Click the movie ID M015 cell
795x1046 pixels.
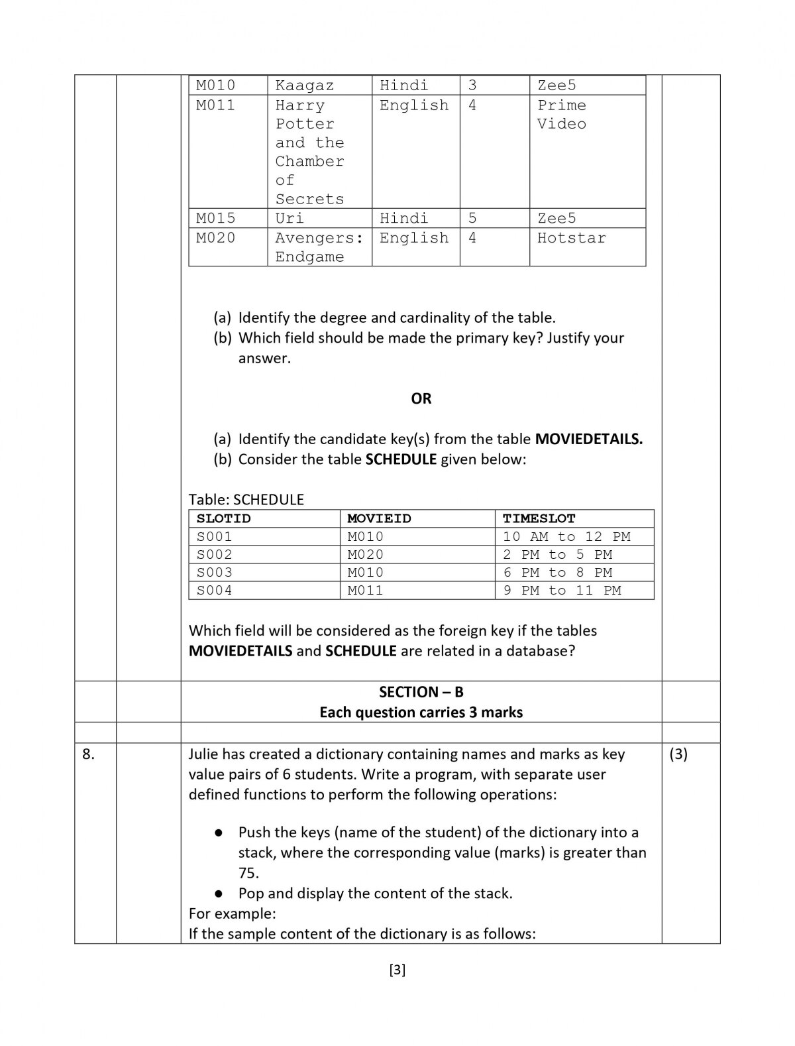coord(215,218)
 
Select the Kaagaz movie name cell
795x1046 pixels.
coord(304,86)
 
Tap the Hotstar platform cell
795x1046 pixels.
coord(571,238)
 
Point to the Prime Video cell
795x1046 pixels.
coord(561,114)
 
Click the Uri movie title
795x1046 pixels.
coord(290,218)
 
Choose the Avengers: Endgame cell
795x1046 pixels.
coord(319,247)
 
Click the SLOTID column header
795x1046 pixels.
coord(224,518)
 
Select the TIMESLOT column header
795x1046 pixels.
coord(539,518)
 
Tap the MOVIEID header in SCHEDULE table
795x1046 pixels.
coord(379,518)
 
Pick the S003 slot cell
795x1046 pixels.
coord(215,572)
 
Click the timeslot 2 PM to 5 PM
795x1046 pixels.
coord(557,554)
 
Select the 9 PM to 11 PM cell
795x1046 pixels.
coord(562,590)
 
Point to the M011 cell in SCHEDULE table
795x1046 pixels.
coord(365,590)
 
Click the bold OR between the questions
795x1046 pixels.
coord(421,398)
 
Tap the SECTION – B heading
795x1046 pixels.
coord(421,692)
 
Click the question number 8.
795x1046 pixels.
coord(88,754)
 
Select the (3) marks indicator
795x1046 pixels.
coord(678,754)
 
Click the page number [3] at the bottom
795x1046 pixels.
coord(397,970)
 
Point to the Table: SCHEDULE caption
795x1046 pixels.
coord(246,499)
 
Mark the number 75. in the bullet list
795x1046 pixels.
coord(248,873)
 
